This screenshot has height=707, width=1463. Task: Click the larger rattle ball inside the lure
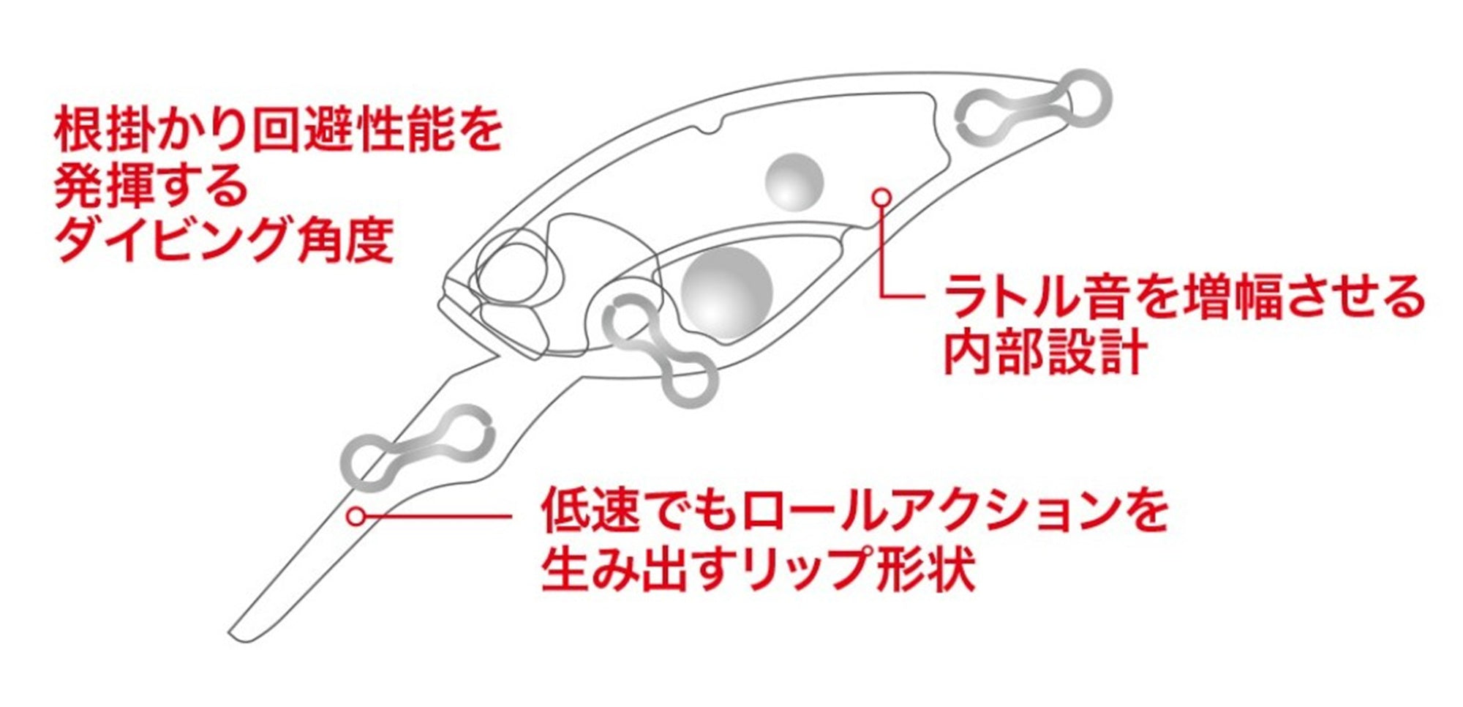[726, 292]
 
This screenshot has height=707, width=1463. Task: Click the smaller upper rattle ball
[794, 183]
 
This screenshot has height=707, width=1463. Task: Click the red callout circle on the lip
[356, 516]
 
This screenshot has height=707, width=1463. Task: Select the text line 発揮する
[152, 185]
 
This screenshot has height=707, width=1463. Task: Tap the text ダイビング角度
[225, 239]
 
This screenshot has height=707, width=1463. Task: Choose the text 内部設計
[1045, 352]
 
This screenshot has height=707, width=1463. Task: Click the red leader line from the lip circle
[437, 516]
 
